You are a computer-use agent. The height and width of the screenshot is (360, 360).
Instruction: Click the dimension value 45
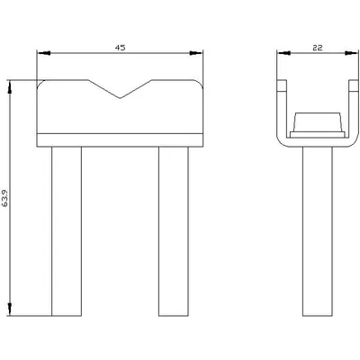tap(120, 48)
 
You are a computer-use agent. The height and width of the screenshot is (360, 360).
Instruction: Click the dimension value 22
tap(318, 48)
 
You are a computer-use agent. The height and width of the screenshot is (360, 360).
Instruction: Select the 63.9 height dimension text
tap(5, 198)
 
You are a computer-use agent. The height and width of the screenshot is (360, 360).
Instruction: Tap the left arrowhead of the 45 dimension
tap(43, 53)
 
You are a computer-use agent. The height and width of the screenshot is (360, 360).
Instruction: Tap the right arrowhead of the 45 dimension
tap(196, 53)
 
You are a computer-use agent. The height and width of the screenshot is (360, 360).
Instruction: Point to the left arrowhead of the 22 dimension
tap(284, 53)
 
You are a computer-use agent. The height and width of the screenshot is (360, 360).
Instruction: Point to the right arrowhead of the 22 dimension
tap(351, 53)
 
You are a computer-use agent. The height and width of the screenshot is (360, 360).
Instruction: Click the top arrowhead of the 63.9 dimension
tap(10, 87)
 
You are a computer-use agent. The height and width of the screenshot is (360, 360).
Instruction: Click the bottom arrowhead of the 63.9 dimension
tap(10, 309)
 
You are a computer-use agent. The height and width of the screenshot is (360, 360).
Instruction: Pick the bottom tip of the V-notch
tap(120, 98)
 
